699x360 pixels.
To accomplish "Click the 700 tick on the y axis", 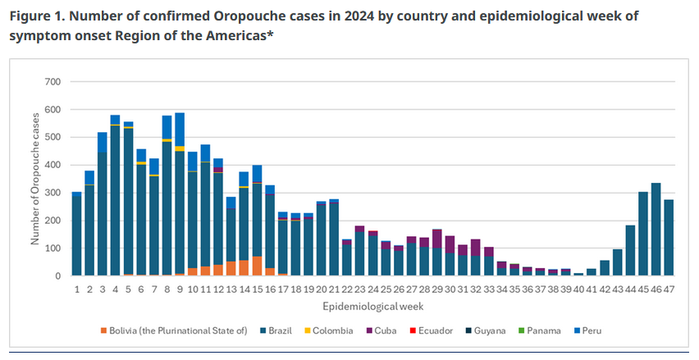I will tap(53, 82).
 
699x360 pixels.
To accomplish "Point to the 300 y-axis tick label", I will tap(53, 194).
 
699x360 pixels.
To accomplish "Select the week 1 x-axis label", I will tap(77, 289).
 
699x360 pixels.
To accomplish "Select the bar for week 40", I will tap(578, 275).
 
